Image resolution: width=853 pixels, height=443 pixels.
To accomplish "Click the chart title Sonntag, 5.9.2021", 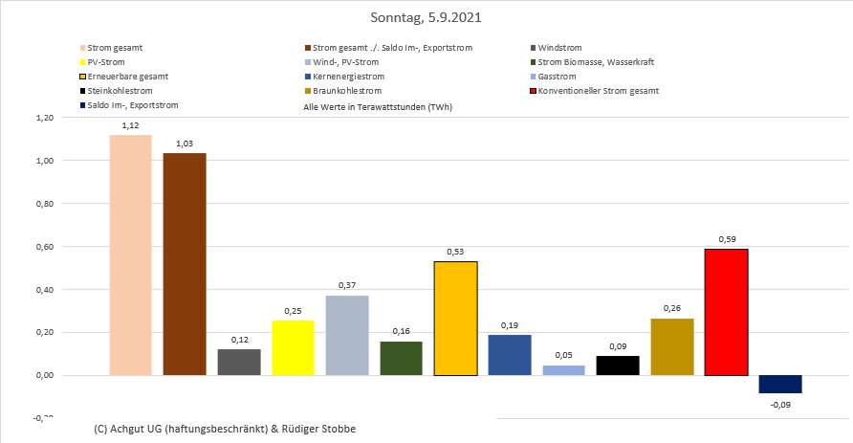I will (426, 18).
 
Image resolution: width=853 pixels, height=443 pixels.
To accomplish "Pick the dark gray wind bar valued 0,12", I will (239, 362).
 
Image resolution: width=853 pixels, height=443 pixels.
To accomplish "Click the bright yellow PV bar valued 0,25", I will (294, 347).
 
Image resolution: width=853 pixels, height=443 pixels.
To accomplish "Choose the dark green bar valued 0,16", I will (402, 358).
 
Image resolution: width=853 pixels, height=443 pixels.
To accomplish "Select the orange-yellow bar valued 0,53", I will (455, 318).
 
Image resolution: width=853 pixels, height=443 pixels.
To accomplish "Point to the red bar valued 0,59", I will (726, 312).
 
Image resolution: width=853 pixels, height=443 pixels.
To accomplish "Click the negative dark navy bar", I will (780, 384).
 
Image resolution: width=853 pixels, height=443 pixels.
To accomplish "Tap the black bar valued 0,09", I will (618, 365).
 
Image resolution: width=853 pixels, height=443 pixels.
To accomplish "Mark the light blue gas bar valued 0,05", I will (563, 369).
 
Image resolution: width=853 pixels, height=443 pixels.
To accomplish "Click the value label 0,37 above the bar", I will (347, 285).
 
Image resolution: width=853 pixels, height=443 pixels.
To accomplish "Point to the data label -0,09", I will (780, 405).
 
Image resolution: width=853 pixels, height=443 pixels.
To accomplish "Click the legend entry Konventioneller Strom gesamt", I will (598, 91).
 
